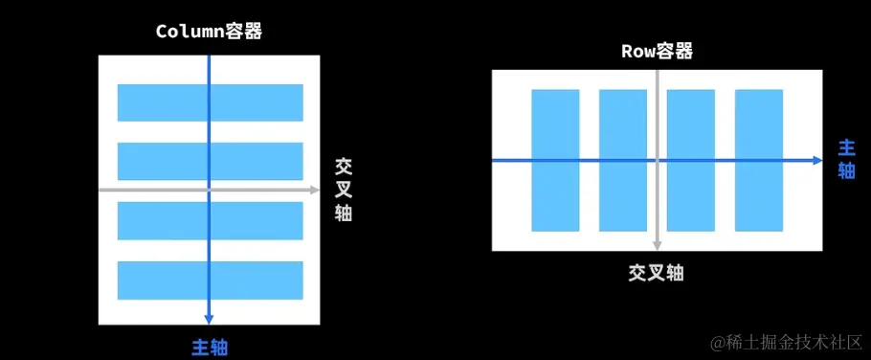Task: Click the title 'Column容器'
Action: click(209, 31)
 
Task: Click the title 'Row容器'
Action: click(657, 51)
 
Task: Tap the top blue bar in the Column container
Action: click(163, 102)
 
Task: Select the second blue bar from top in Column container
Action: click(163, 161)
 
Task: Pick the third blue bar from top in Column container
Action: click(163, 220)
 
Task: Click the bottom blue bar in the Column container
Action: click(163, 280)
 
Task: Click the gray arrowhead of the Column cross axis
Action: click(314, 191)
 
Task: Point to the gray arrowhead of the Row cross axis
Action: click(657, 246)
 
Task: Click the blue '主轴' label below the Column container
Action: click(210, 347)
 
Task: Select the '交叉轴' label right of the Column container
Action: click(344, 189)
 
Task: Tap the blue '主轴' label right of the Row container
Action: click(847, 159)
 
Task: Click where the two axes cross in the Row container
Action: click(657, 161)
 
